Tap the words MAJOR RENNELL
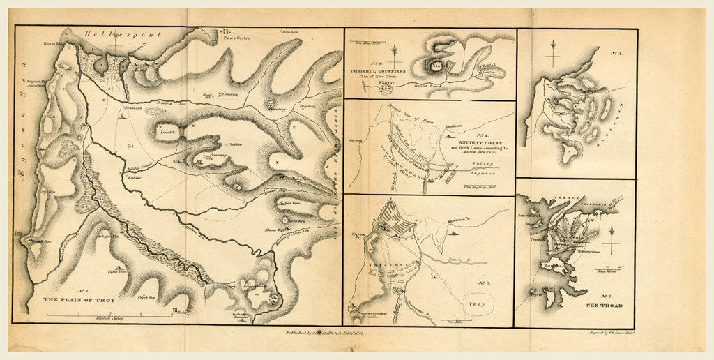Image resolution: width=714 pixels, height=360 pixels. [479, 155]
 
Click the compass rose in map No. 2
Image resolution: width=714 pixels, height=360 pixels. [554, 52]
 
